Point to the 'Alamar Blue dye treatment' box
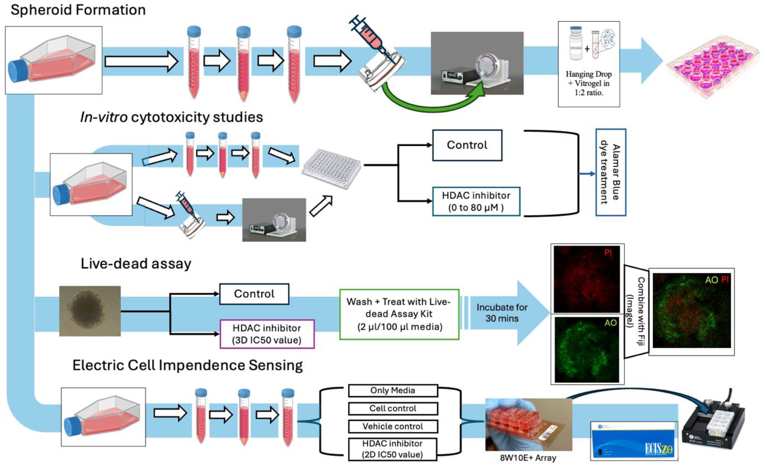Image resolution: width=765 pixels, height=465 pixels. tap(610, 173)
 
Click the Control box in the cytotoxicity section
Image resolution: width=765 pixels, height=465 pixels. tap(467, 145)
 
